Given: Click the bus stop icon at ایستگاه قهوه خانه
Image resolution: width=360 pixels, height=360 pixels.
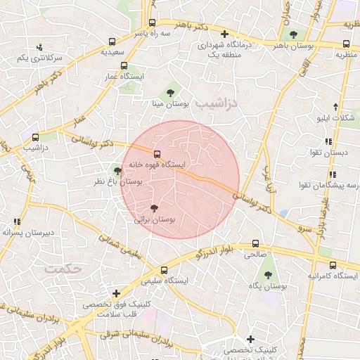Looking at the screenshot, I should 157,154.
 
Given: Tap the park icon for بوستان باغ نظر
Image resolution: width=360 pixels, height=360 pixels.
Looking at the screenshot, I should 117,171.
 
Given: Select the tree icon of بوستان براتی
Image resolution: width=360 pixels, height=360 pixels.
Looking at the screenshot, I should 154,207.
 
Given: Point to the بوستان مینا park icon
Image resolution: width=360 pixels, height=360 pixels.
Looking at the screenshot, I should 170,92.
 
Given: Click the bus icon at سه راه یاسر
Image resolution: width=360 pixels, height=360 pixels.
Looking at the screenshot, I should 153,22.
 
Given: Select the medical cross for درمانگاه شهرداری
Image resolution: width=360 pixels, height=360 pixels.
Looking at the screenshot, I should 224,34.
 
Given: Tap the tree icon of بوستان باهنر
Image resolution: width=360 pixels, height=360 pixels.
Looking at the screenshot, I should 293,34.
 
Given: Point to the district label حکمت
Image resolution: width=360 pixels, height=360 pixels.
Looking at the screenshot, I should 63,269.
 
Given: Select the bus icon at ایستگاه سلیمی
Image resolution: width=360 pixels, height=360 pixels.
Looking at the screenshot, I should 164,269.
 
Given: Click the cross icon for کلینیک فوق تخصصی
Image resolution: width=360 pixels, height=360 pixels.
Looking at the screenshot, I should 116,293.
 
